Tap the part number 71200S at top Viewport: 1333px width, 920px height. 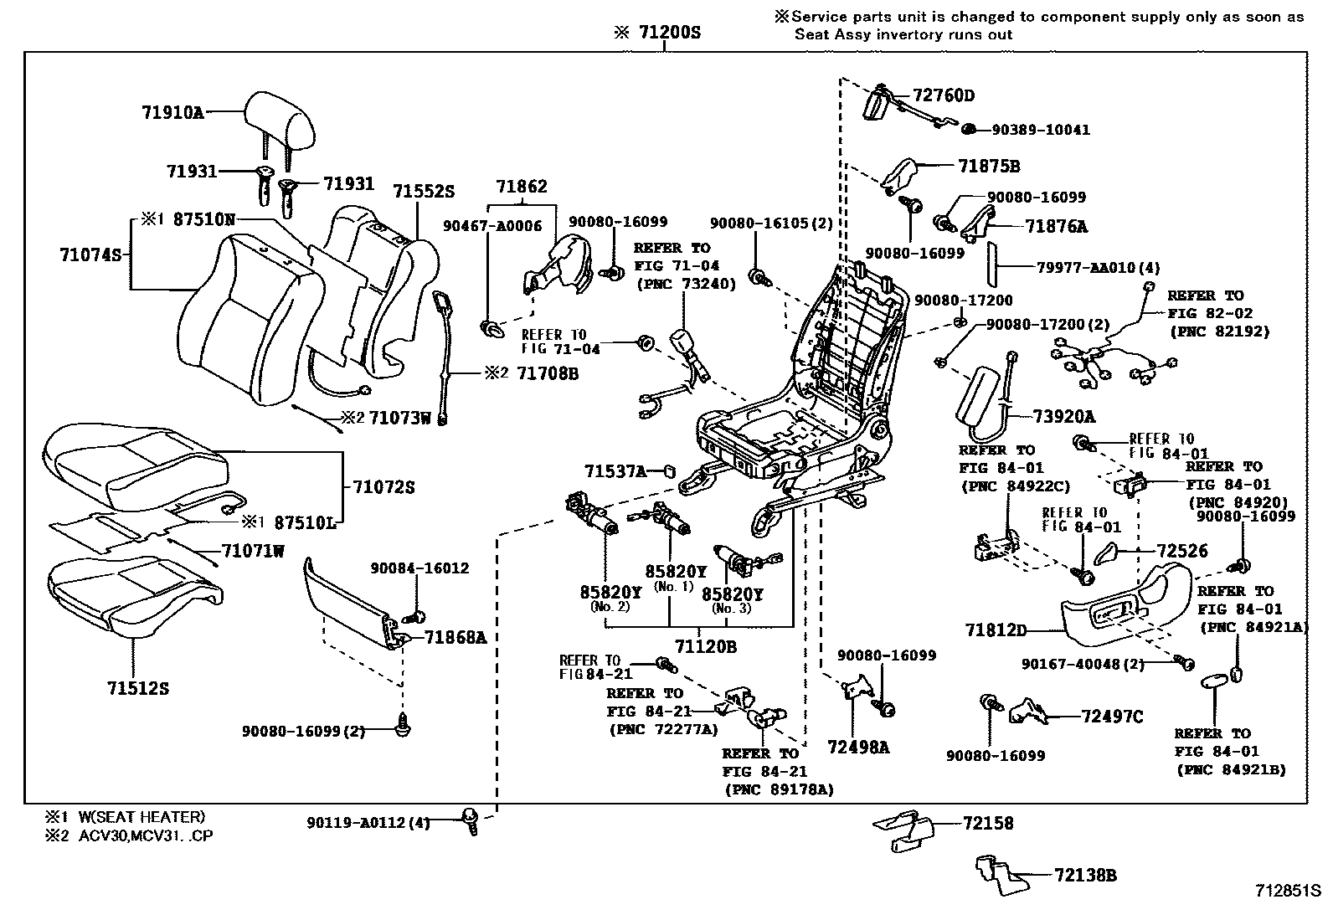coord(669,33)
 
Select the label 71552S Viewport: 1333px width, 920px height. coord(424,192)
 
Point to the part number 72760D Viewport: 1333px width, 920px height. coord(944,95)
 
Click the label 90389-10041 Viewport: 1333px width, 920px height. coord(1041,130)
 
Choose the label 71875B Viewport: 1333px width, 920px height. coord(990,167)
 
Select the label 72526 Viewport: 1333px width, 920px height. coord(1177,551)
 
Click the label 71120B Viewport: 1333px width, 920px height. coord(706,646)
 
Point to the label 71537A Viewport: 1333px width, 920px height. coord(615,472)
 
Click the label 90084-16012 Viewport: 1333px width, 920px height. coord(419,568)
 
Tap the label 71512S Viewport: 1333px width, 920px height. coord(138,688)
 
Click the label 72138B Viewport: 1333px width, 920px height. coord(1086,876)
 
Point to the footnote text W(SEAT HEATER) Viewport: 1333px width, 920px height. coord(142,817)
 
